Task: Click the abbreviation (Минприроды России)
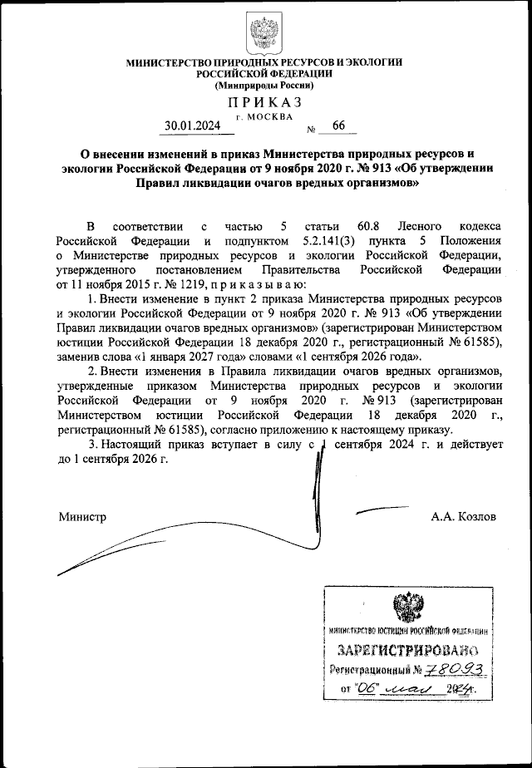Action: [x=264, y=85]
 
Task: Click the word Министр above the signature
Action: [x=82, y=516]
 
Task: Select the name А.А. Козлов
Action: [x=463, y=516]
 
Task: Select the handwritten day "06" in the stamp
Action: [x=367, y=688]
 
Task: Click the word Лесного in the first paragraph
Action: [x=433, y=226]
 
